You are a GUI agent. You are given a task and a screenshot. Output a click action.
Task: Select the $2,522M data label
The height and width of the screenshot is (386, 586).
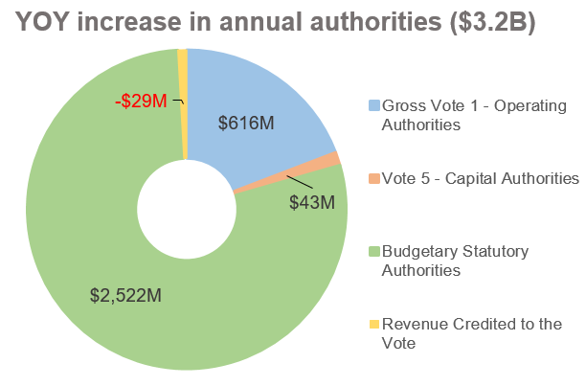coord(125,295)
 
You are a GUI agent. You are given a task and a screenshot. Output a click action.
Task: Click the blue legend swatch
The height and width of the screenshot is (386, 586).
coord(373,104)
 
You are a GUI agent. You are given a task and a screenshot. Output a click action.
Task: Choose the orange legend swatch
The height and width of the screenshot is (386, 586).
coord(373,178)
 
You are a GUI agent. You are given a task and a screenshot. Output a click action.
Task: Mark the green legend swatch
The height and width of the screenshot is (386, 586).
coord(373,251)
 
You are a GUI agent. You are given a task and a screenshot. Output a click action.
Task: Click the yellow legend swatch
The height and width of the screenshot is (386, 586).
coord(373,324)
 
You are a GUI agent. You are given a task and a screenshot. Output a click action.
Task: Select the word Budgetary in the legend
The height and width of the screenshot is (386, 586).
coord(422,251)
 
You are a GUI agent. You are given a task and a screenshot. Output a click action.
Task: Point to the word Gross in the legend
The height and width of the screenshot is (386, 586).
coord(403,104)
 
